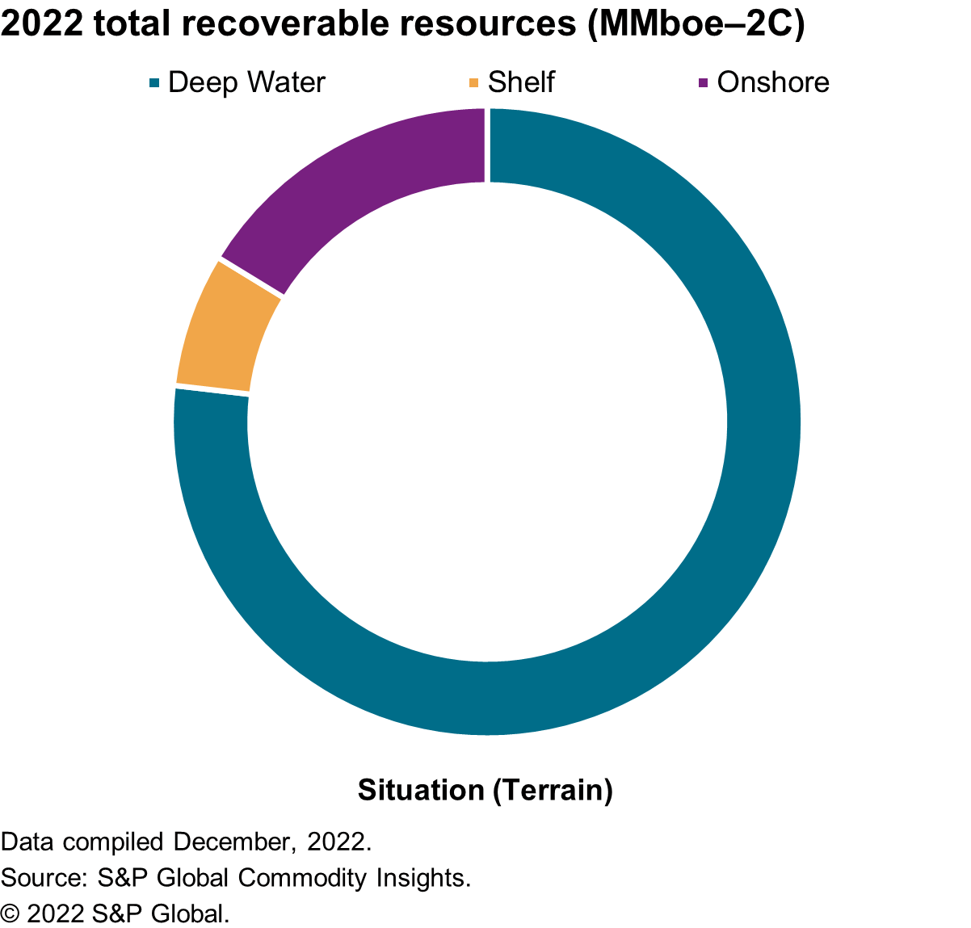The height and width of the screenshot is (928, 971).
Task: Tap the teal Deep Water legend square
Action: pos(154,82)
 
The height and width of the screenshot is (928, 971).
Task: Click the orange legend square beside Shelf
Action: pos(473,82)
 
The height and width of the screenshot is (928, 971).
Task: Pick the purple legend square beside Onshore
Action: pos(703,82)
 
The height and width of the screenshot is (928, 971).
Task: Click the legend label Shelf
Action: pos(521,82)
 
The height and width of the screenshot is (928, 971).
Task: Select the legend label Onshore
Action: pos(773,82)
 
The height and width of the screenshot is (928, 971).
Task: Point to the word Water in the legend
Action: pos(286,82)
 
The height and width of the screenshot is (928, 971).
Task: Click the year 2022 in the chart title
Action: pos(42,23)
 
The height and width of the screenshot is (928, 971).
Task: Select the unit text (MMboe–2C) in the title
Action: pos(695,23)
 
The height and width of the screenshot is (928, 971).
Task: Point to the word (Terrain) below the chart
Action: pos(553,790)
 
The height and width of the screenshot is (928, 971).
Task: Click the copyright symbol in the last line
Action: pos(10,913)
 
